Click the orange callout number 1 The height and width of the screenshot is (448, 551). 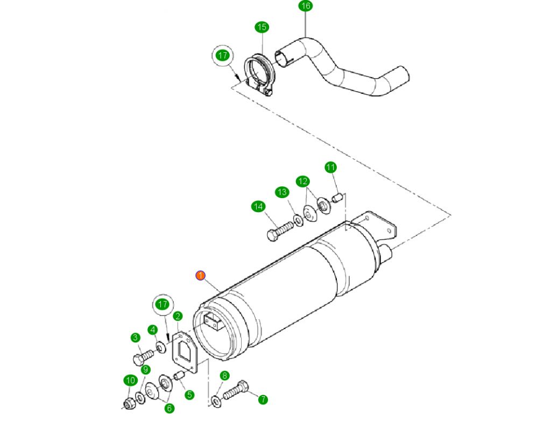(x=200, y=276)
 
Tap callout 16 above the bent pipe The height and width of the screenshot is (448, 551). (x=305, y=6)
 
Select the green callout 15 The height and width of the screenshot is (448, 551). (x=262, y=27)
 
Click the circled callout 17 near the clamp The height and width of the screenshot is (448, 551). (x=223, y=55)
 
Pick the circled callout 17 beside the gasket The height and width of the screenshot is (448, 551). (x=163, y=305)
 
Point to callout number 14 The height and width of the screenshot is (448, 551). (x=258, y=206)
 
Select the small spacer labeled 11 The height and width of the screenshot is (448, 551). (x=338, y=198)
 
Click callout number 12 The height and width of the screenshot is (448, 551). (x=302, y=181)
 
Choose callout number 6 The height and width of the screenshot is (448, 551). (x=169, y=408)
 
